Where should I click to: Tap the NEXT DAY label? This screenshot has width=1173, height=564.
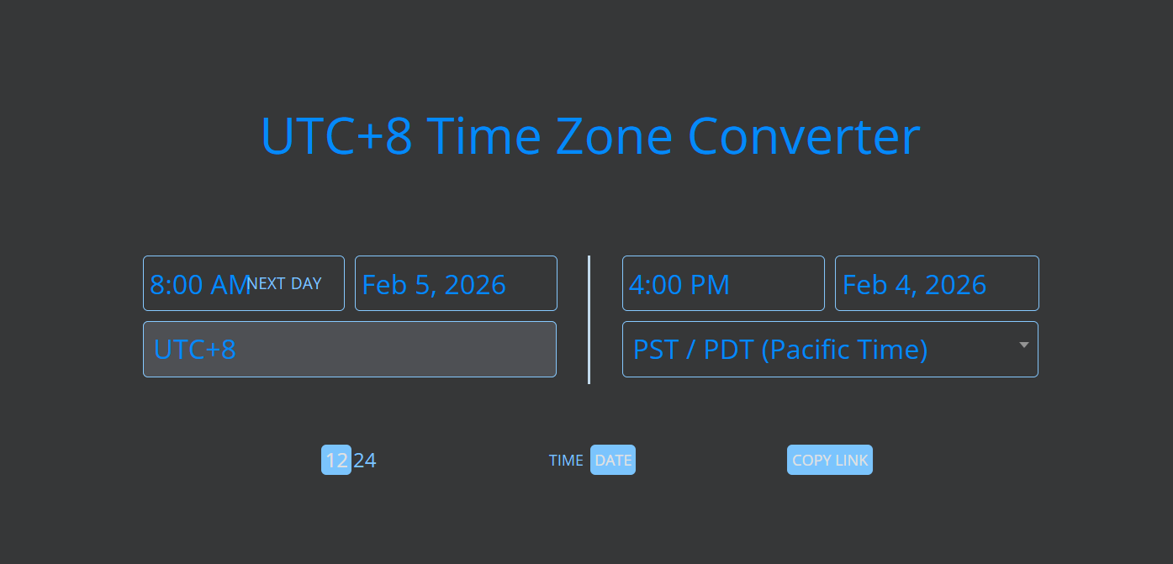click(284, 283)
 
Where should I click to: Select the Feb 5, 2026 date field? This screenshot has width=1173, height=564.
click(456, 283)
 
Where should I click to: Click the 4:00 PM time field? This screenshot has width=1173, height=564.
click(723, 283)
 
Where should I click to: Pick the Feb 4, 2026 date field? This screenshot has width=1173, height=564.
click(937, 283)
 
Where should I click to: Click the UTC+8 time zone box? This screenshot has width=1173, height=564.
click(350, 350)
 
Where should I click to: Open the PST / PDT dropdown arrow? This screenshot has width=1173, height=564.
click(1024, 345)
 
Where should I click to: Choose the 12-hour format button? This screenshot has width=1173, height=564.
click(336, 460)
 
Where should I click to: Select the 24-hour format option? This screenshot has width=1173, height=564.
click(364, 461)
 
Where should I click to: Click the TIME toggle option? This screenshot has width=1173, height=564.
click(566, 461)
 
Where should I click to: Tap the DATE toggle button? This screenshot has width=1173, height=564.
click(613, 460)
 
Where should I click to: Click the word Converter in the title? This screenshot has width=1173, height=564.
click(804, 136)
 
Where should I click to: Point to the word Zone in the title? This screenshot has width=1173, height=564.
click(614, 136)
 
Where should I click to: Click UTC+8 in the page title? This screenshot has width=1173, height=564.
click(336, 136)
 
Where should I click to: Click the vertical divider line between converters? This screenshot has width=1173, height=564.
click(589, 320)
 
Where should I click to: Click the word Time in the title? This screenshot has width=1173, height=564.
click(483, 136)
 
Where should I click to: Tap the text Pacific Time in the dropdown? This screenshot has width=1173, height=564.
click(844, 350)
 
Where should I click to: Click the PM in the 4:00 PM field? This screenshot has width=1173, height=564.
click(710, 284)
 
